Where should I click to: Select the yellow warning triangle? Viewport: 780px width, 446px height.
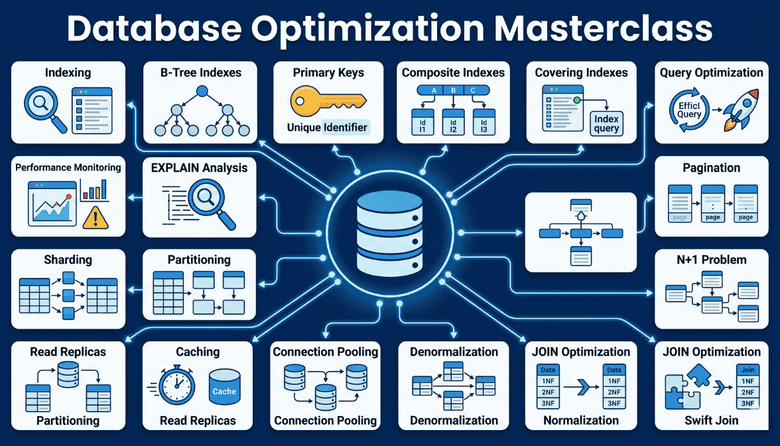pyautogui.click(x=95, y=217)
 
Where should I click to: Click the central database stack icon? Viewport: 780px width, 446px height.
pyautogui.click(x=389, y=234)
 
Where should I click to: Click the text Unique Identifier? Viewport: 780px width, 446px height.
pyautogui.click(x=327, y=127)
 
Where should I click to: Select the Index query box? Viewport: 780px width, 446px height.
pyautogui.click(x=606, y=124)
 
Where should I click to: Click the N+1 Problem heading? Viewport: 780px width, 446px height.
pyautogui.click(x=711, y=260)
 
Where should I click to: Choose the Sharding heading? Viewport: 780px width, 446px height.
pyautogui.click(x=68, y=260)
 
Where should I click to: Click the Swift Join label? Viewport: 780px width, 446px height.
pyautogui.click(x=711, y=421)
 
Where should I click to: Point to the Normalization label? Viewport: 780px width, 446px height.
pyautogui.click(x=581, y=421)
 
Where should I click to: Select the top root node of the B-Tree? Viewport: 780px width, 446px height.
pyautogui.click(x=202, y=91)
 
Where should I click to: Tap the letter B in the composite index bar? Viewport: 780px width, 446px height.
pyautogui.click(x=453, y=90)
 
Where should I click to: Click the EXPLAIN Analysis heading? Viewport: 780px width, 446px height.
pyautogui.click(x=199, y=169)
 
